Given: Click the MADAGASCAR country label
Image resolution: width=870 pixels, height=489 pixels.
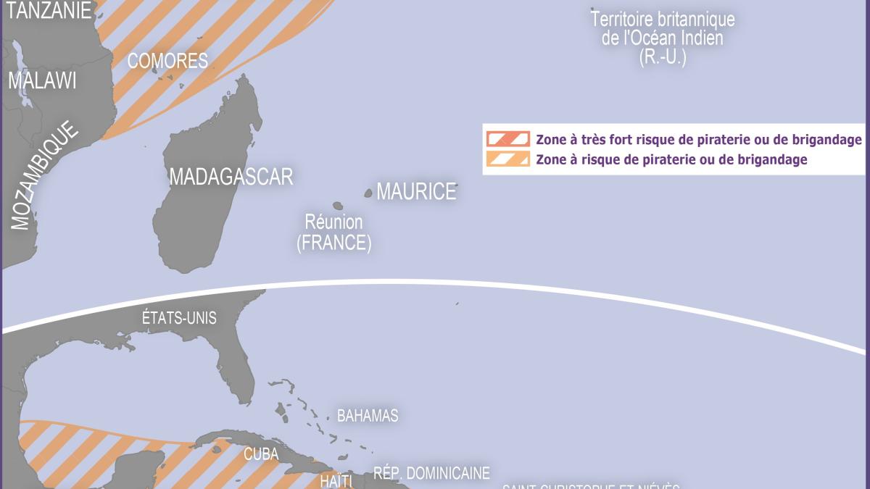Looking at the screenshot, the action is coord(231,176).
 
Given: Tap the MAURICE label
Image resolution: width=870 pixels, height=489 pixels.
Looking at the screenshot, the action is coord(416,191).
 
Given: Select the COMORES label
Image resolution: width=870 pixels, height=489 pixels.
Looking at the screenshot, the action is coord(167,61).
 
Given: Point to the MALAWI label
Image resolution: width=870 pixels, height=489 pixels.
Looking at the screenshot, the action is coord(42,80).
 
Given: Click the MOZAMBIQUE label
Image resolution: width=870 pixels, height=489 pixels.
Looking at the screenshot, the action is coord(45,176).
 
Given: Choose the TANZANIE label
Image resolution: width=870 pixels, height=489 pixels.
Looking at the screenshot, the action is coord(46,10).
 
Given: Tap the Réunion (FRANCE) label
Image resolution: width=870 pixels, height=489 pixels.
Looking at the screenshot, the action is coord(333,232).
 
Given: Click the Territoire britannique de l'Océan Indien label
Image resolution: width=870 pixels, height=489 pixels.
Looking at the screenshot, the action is coord(662,38).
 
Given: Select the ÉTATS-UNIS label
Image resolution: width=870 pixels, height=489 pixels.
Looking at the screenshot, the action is coord(179,318).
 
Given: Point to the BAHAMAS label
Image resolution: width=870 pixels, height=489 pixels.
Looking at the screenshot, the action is coord(368,416).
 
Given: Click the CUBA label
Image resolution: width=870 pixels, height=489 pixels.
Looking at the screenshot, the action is coord(261,454).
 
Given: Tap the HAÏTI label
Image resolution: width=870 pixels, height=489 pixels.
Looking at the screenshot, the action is coord(336,481).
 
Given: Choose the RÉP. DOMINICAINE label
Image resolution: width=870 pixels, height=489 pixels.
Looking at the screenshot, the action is coord(431,474).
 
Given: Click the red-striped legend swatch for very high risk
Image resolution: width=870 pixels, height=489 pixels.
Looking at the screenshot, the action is coord(507,139).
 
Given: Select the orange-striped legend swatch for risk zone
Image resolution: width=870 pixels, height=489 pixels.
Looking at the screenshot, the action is coord(507,159).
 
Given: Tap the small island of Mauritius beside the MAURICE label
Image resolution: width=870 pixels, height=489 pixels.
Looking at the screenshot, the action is coord(368,193).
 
